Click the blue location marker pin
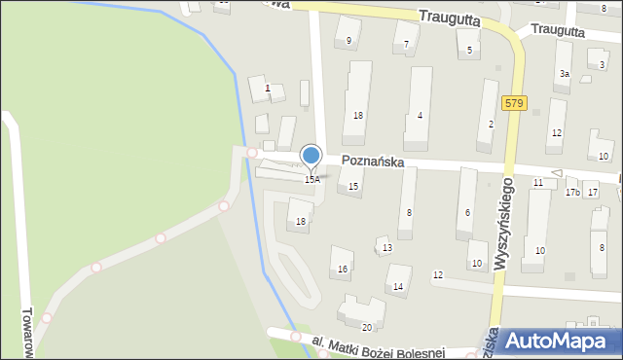[x=311, y=156]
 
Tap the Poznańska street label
[x=372, y=162]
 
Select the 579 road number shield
[x=515, y=102]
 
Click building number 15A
[x=311, y=180]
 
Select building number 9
[x=348, y=41]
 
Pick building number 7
[x=405, y=45]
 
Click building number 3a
[x=564, y=74]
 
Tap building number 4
[x=420, y=117]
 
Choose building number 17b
[x=572, y=193]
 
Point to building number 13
[x=387, y=248]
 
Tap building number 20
[x=367, y=327]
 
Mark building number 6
[x=468, y=213]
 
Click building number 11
[x=538, y=183]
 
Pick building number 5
[x=470, y=50]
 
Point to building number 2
[x=491, y=125]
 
